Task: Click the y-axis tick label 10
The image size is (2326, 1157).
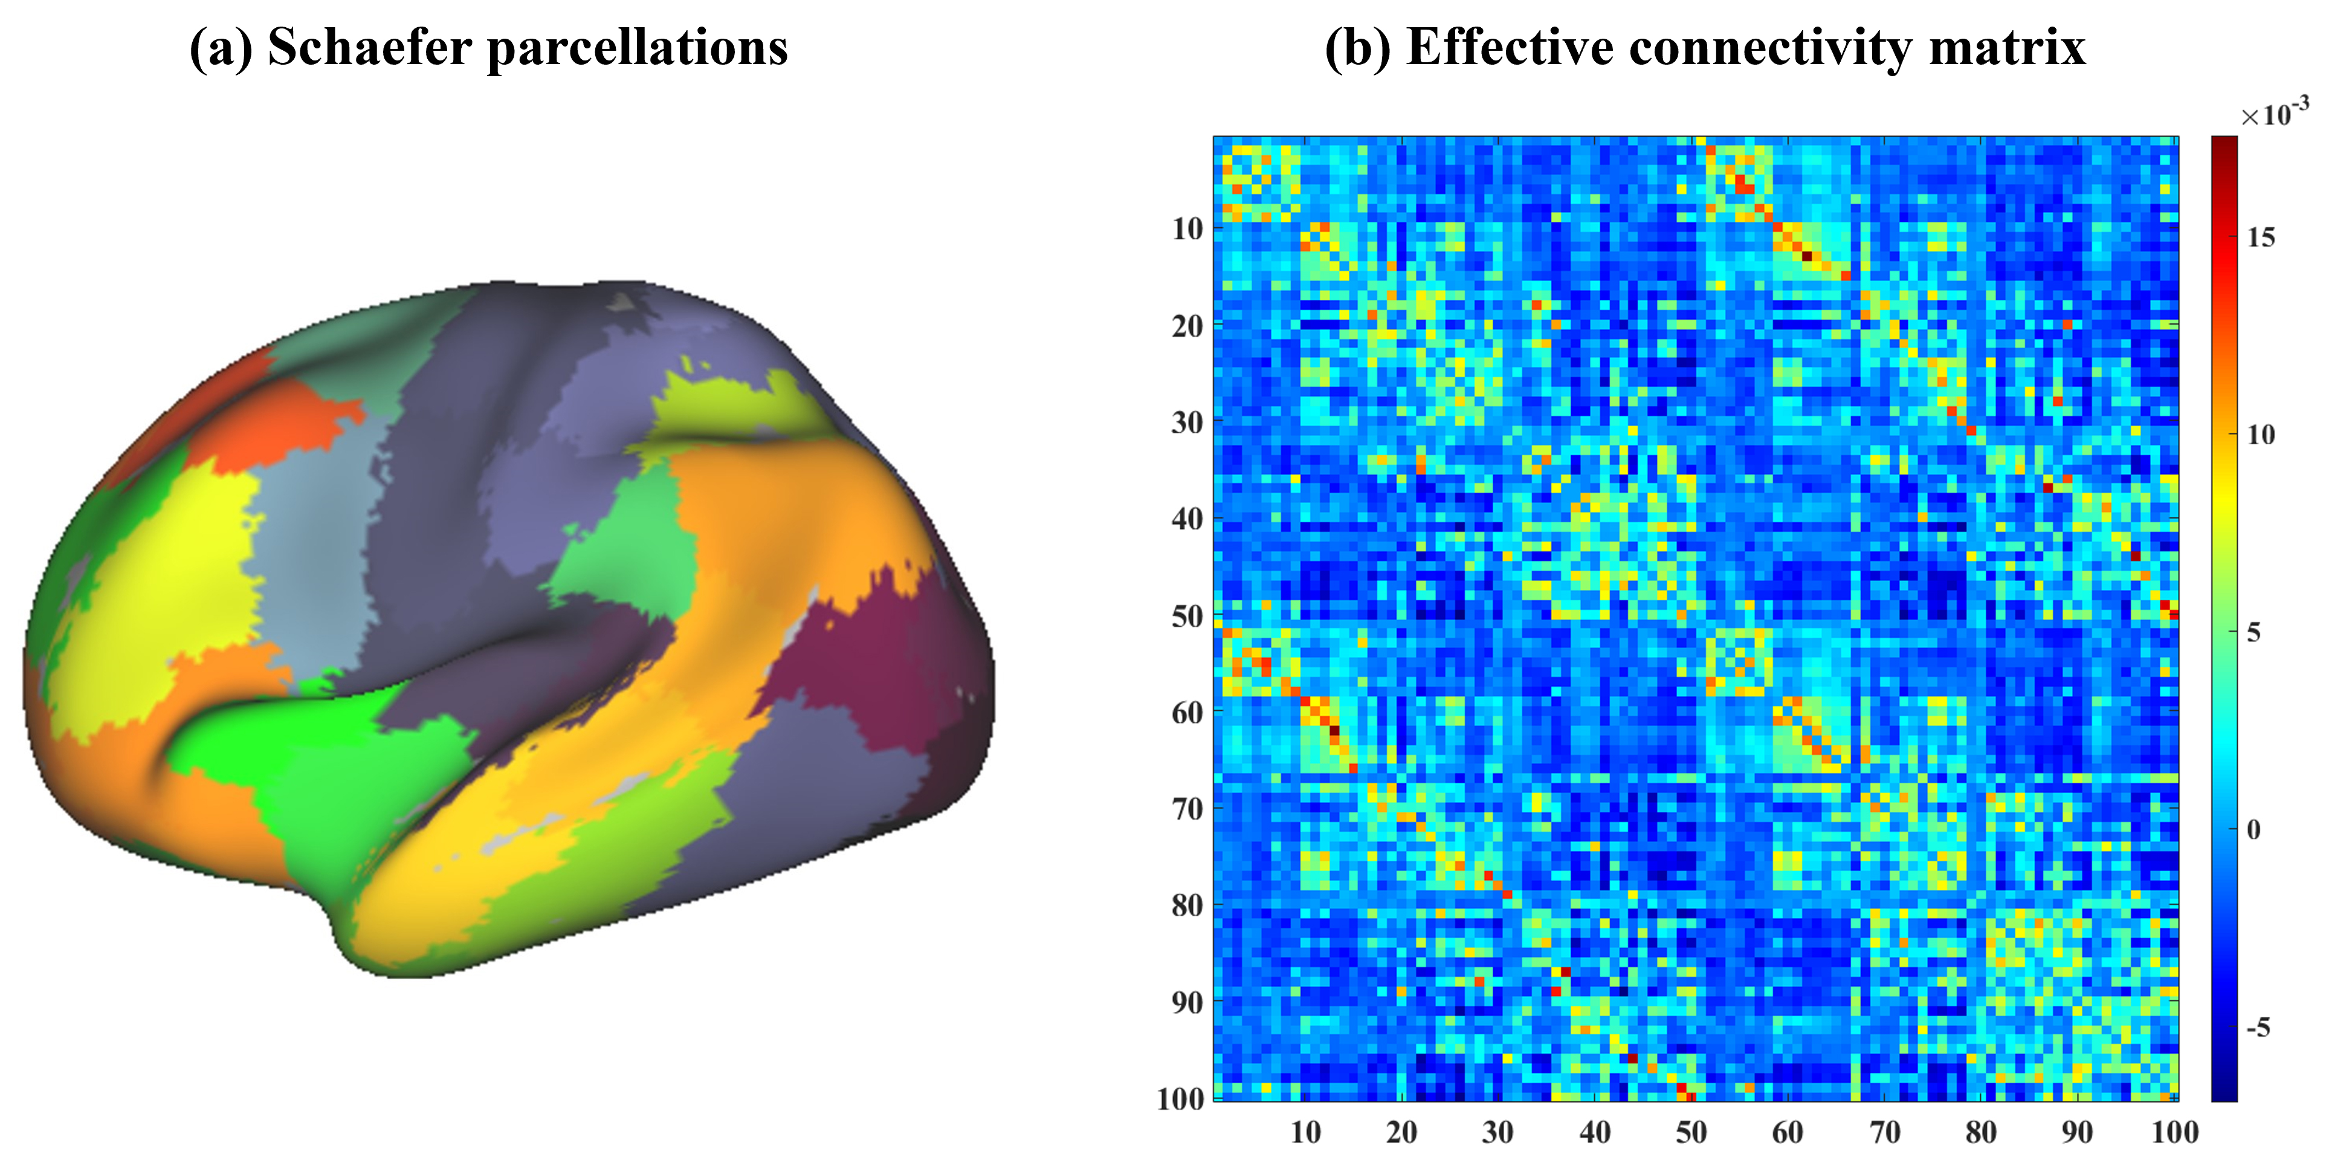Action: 1188,230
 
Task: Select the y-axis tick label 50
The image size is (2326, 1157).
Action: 1188,617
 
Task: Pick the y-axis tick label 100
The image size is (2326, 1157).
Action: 1181,1099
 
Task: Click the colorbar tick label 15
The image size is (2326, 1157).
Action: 2261,238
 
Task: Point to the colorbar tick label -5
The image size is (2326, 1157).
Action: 2257,1027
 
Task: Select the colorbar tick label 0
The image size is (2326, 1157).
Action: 2253,829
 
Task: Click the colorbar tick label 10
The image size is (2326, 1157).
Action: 2261,435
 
